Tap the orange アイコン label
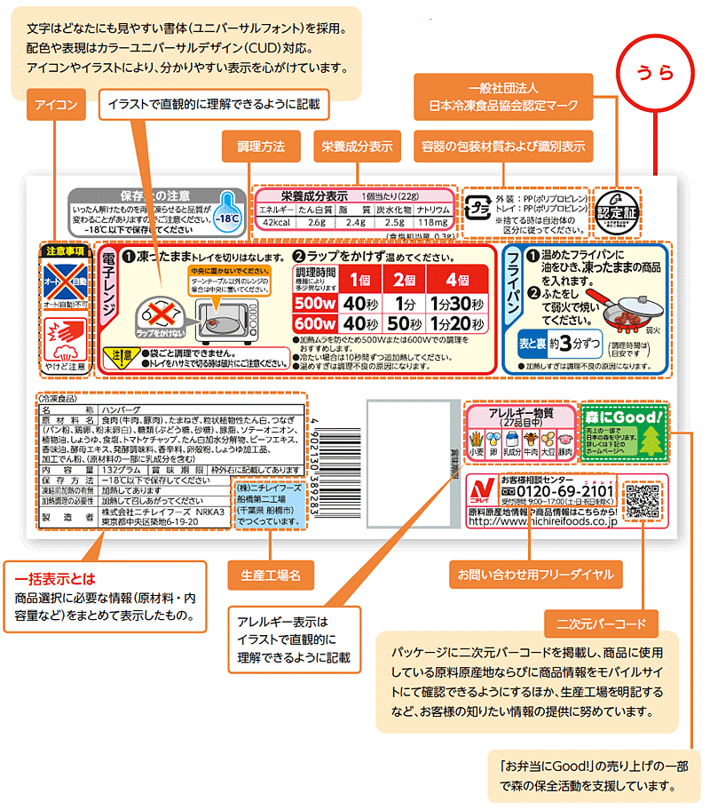(x=56, y=106)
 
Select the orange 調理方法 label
(x=259, y=146)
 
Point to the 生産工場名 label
(x=270, y=575)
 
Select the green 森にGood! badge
(x=625, y=433)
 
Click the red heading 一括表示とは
(x=51, y=578)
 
